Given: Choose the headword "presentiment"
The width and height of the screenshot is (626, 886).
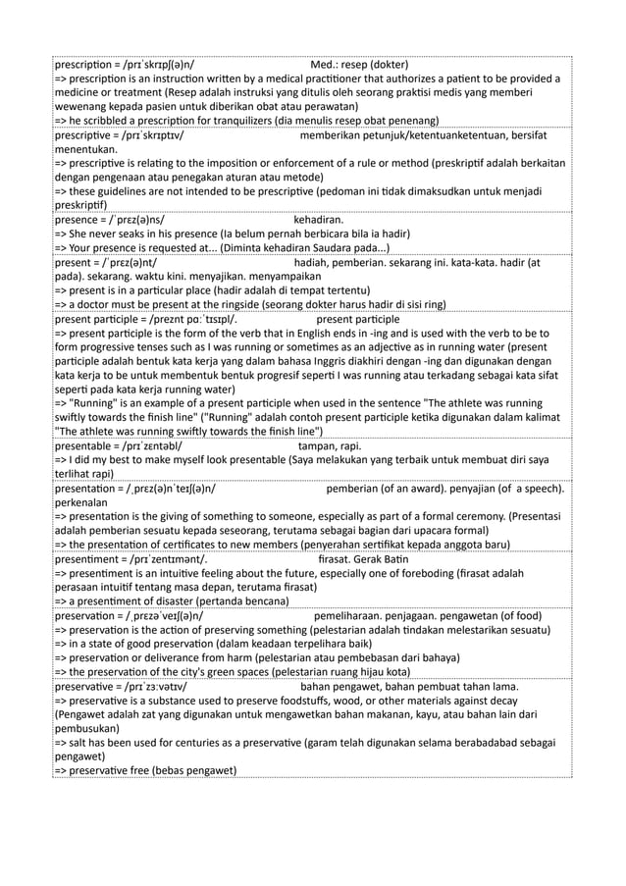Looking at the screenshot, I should pyautogui.click(x=91, y=557).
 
